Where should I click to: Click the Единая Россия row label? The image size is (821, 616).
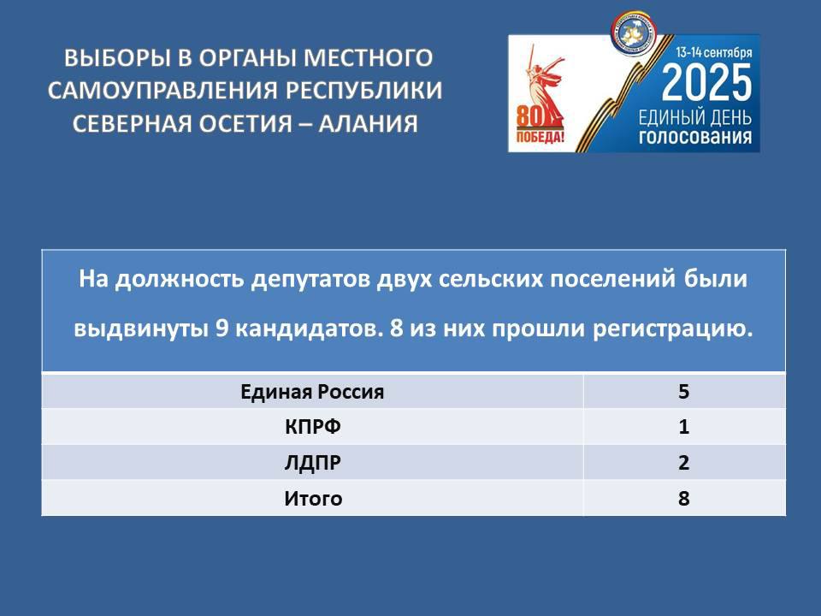pyautogui.click(x=312, y=392)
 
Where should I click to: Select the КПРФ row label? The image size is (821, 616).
pyautogui.click(x=313, y=427)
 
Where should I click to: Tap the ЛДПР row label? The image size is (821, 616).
pyautogui.click(x=313, y=463)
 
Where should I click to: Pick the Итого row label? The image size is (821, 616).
pyautogui.click(x=313, y=498)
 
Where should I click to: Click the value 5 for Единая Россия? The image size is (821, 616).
pyautogui.click(x=684, y=392)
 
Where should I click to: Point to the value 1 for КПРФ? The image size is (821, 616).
pyautogui.click(x=684, y=427)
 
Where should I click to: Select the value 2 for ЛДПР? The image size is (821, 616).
pyautogui.click(x=684, y=463)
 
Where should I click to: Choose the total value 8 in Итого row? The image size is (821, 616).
pyautogui.click(x=684, y=498)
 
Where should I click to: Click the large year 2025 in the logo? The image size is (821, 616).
pyautogui.click(x=706, y=83)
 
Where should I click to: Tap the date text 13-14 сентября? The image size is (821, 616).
pyautogui.click(x=713, y=52)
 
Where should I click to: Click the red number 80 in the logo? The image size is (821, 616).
pyautogui.click(x=530, y=116)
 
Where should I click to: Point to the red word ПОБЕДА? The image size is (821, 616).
pyautogui.click(x=540, y=138)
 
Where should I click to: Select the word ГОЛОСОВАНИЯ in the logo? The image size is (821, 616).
pyautogui.click(x=694, y=137)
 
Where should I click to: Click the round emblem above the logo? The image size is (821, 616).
pyautogui.click(x=634, y=33)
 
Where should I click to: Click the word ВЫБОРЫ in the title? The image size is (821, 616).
pyautogui.click(x=117, y=58)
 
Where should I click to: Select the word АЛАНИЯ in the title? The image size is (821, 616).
pyautogui.click(x=368, y=123)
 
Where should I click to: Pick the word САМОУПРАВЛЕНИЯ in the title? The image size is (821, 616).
pyautogui.click(x=162, y=91)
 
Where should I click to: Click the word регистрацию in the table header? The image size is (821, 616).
pyautogui.click(x=673, y=329)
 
